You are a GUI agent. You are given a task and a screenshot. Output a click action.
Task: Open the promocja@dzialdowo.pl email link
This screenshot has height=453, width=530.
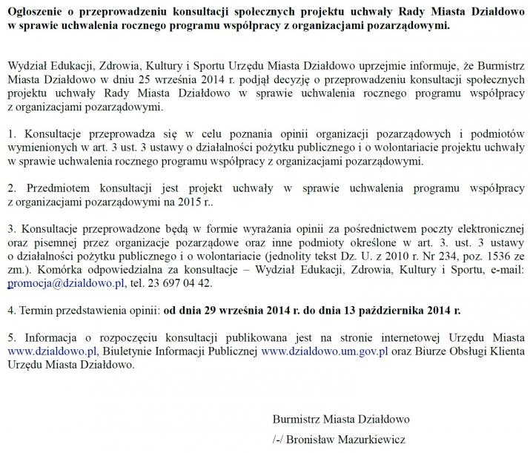(x=65, y=283)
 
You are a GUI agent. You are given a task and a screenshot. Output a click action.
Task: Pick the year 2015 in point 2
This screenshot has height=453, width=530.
(x=191, y=201)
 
